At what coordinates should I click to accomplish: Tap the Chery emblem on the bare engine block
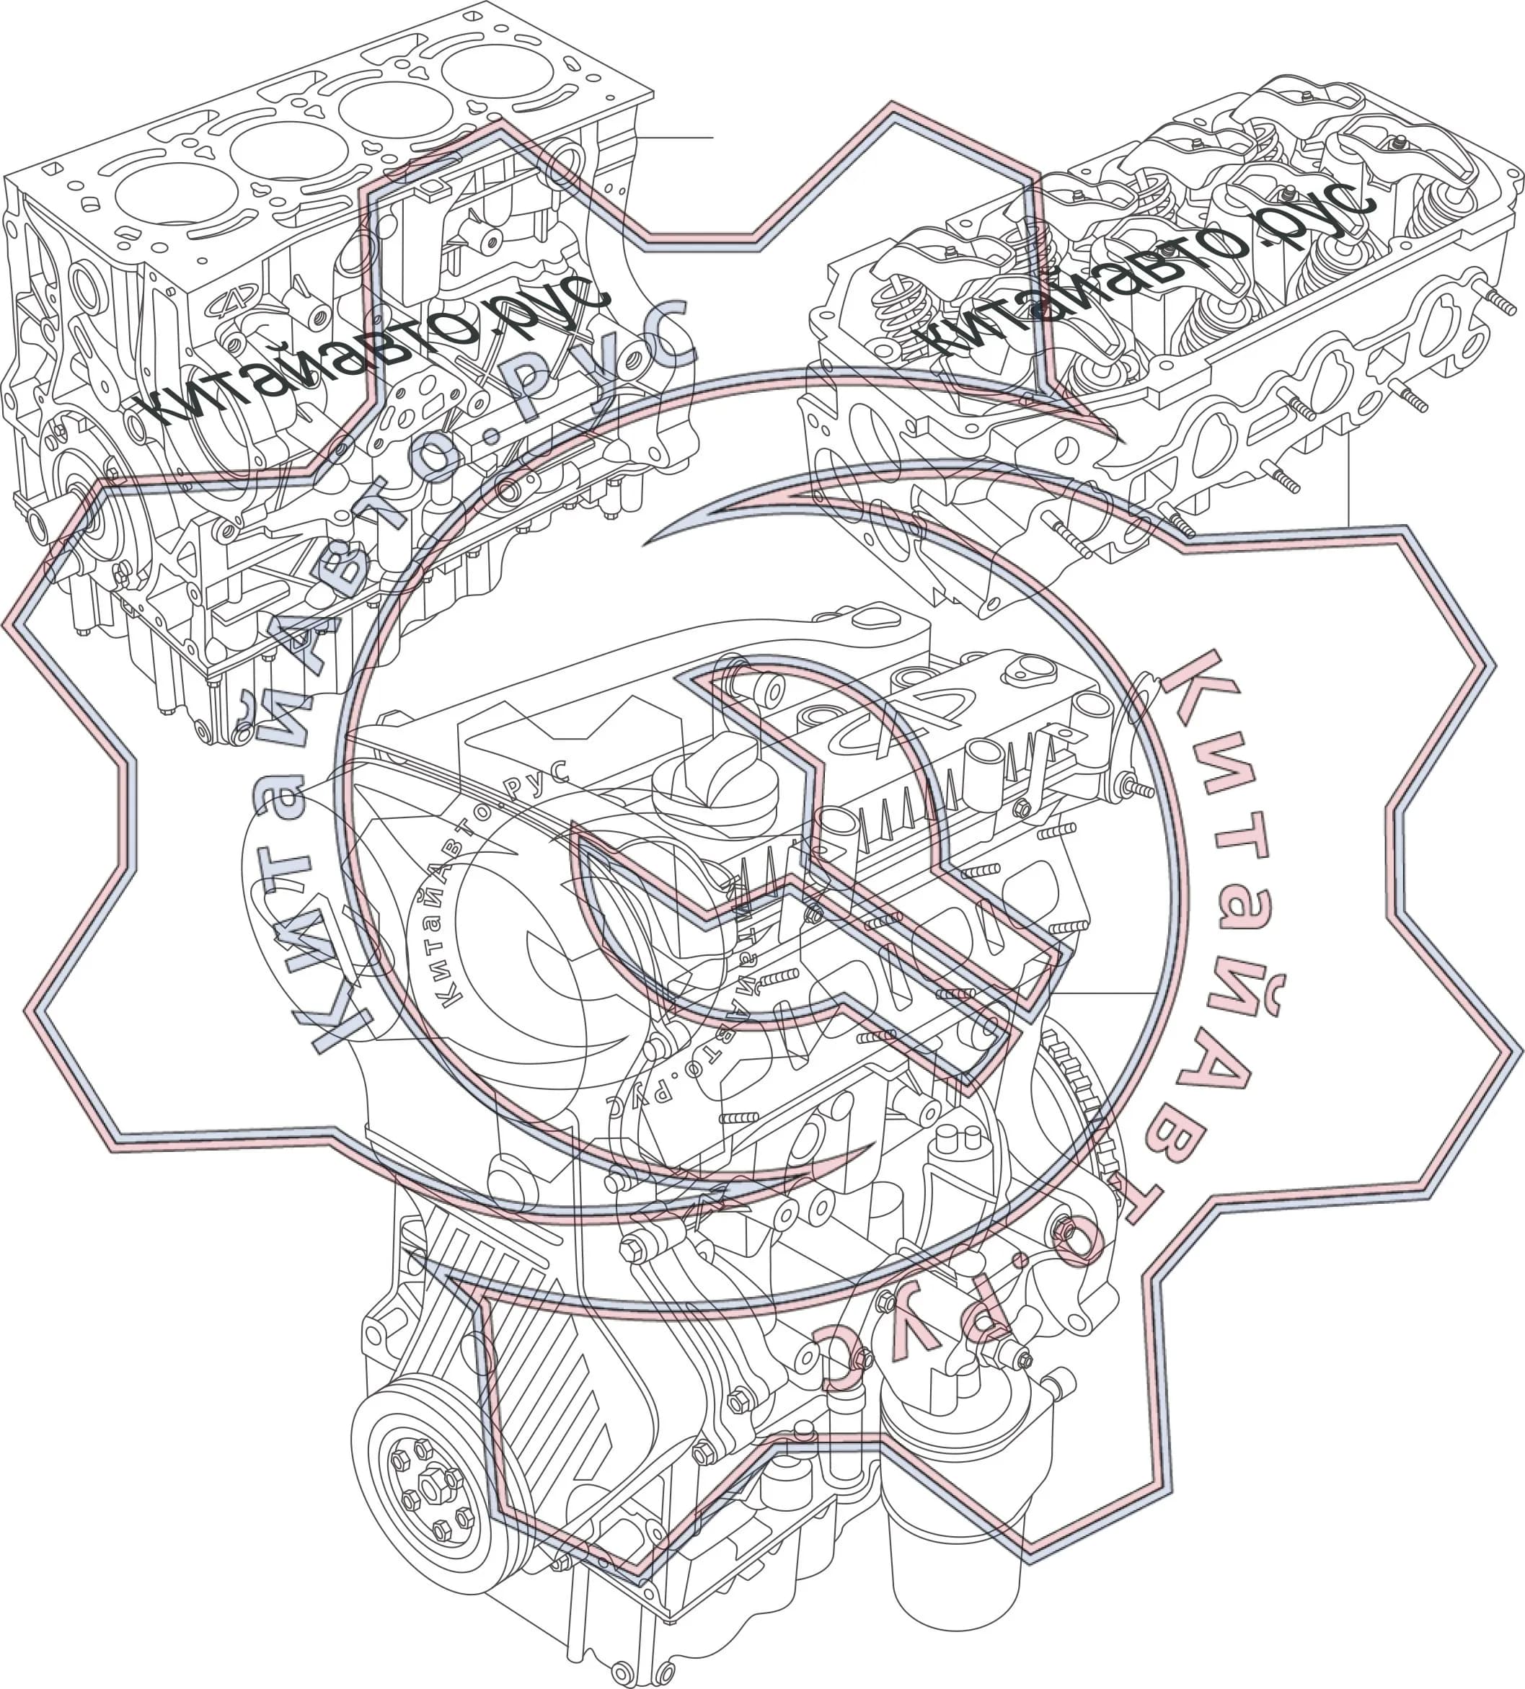(232, 305)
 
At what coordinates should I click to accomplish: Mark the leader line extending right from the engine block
(674, 136)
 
